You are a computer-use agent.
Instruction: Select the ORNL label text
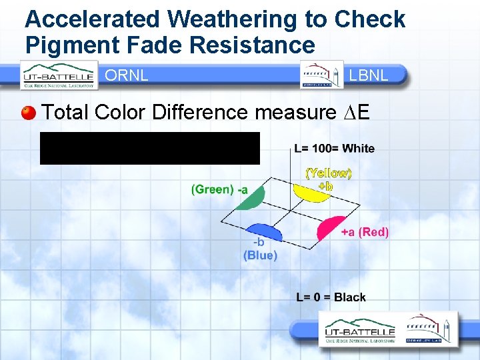tap(127, 75)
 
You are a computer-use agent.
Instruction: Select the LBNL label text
tap(368, 75)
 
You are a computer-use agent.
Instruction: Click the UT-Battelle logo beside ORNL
tap(59, 75)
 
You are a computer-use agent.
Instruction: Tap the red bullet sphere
tap(28, 112)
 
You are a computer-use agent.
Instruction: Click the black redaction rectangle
tap(149, 148)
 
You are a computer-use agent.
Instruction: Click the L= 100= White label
tap(334, 148)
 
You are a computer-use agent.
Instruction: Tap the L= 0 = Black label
tap(331, 297)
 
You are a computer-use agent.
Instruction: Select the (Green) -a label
tap(219, 189)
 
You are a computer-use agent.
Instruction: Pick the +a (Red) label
tap(364, 232)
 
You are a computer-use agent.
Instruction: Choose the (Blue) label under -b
tap(260, 255)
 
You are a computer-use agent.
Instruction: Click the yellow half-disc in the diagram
tap(311, 192)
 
